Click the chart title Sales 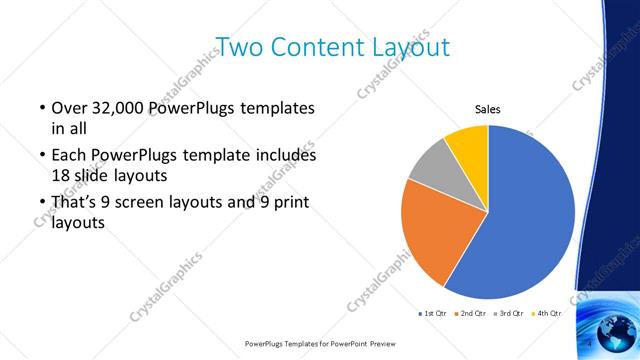click(x=487, y=110)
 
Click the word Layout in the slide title click(x=401, y=47)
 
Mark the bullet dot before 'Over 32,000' click(x=41, y=108)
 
